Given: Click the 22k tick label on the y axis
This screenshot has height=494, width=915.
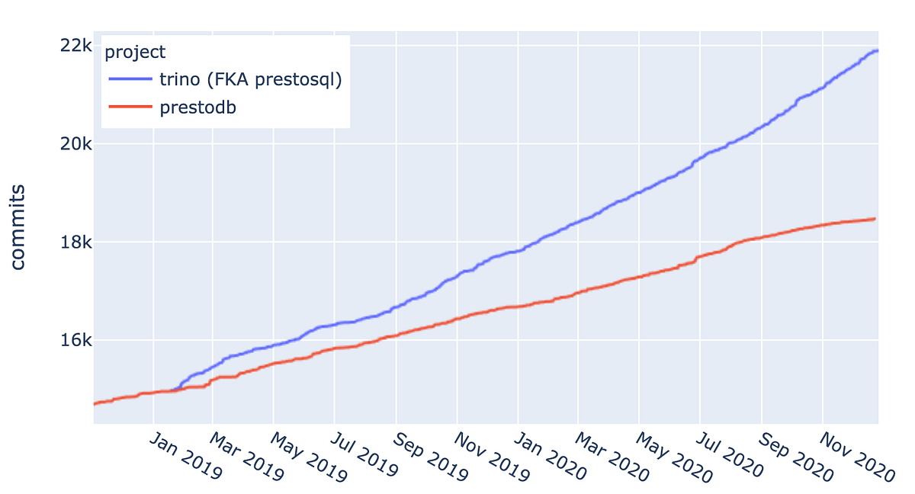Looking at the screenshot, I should coord(76,46).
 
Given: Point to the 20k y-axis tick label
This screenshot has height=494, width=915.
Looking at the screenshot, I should coord(76,144).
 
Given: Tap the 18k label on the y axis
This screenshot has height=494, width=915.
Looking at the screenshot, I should coord(76,242).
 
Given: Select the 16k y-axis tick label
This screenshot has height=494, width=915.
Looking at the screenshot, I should coord(76,340).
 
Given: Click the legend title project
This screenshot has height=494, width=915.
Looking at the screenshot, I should coord(135,52).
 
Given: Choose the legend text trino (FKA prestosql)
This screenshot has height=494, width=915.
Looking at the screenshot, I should coord(250,79).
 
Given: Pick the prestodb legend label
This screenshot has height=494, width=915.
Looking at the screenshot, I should coord(198,107).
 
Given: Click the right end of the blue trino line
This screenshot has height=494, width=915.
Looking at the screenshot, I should coord(877,50).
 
